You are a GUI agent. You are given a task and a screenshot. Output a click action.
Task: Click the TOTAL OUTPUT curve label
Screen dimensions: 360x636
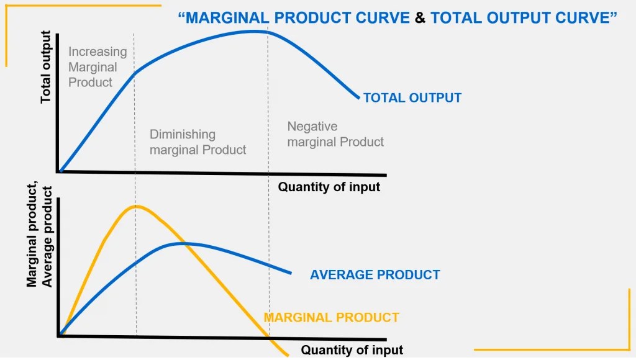click(412, 98)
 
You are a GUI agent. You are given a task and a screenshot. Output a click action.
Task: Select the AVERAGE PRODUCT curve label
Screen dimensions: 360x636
click(375, 275)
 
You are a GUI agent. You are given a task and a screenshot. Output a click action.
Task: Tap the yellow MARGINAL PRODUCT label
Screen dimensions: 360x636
click(331, 318)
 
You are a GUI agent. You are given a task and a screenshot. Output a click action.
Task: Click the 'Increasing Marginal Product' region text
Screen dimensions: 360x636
click(98, 67)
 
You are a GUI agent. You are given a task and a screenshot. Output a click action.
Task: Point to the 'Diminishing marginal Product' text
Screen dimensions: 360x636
click(198, 142)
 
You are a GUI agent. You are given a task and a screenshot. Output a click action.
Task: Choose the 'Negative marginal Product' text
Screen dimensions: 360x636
click(335, 134)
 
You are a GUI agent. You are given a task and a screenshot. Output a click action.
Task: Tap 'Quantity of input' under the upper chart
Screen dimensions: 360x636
click(329, 187)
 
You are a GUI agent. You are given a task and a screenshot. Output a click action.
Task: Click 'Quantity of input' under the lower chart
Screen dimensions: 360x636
click(352, 350)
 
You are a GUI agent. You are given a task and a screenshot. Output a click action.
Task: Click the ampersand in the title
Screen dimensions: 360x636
click(420, 17)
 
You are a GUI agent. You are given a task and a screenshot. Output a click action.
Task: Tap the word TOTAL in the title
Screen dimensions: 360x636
click(453, 17)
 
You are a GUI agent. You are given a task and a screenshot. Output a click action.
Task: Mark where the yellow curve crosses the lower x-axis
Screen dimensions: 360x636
click(270, 338)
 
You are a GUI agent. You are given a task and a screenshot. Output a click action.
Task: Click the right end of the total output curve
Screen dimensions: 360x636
click(358, 97)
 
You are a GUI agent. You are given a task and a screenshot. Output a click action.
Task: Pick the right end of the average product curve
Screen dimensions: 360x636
click(290, 272)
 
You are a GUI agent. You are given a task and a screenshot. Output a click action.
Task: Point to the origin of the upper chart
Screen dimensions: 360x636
click(59, 171)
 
